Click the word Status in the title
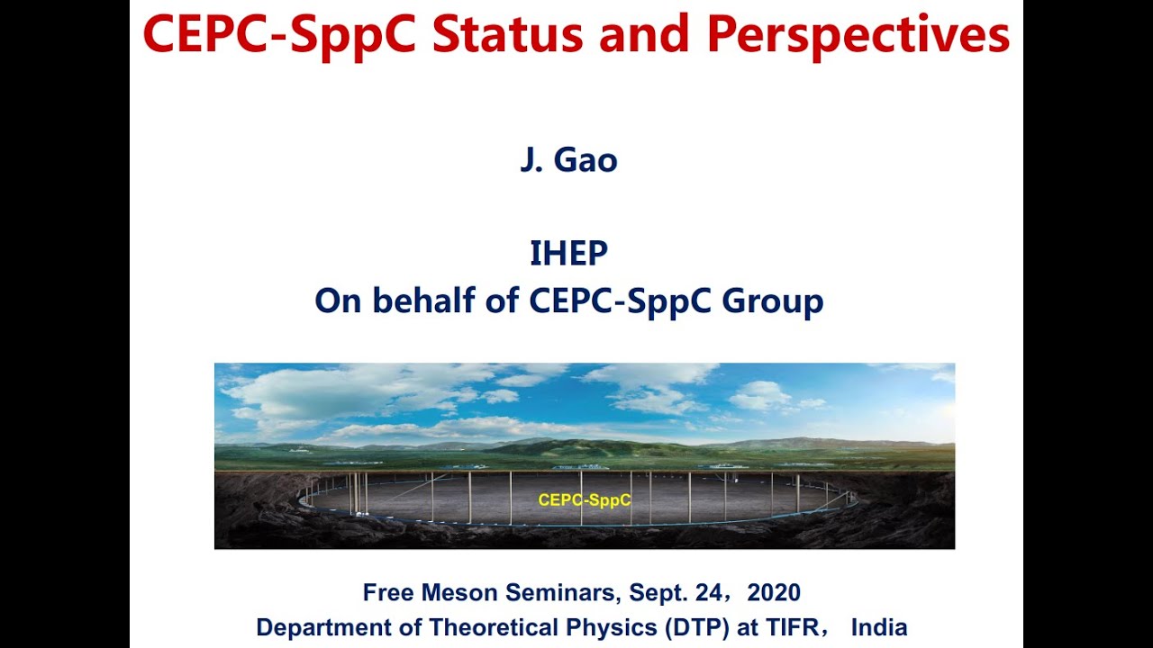tap(507, 34)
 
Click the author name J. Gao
tap(568, 160)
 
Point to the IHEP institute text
tap(568, 253)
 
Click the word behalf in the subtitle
tap(423, 300)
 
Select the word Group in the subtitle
tap(772, 302)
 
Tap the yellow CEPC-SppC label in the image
tap(585, 499)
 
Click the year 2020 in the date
tap(774, 592)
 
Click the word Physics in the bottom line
tap(612, 628)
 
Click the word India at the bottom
tap(879, 627)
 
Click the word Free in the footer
tap(388, 592)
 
